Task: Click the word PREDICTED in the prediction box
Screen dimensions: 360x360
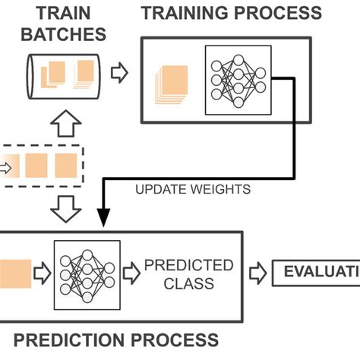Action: point(189,265)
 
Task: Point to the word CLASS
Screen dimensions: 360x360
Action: point(189,283)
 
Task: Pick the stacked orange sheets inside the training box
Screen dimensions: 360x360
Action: point(173,83)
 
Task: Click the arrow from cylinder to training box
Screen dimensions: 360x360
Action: point(119,74)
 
